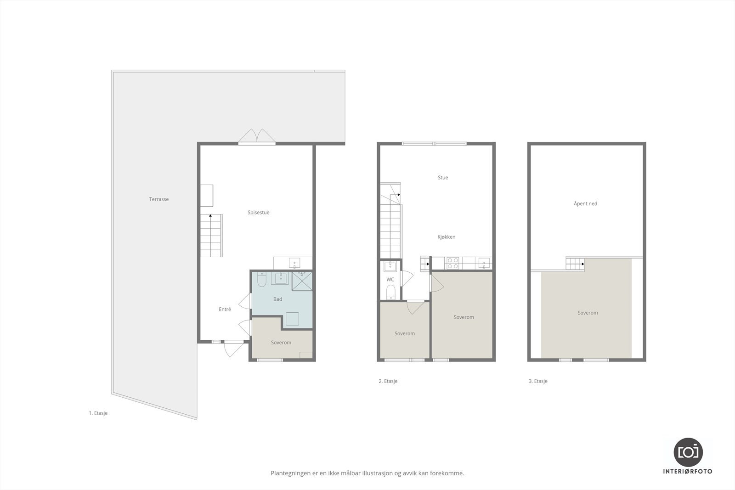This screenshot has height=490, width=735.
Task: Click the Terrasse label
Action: coord(159,199)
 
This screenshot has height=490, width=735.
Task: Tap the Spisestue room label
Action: coord(258,213)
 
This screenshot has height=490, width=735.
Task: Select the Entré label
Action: coord(225,310)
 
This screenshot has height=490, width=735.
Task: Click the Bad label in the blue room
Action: coord(277,299)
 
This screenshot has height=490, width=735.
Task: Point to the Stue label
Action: coord(443,178)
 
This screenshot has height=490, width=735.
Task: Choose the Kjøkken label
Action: coord(446,237)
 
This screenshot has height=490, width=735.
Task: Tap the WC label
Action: coord(390,280)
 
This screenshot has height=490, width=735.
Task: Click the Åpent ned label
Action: coord(585,204)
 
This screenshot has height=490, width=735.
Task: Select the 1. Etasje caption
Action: coord(98,413)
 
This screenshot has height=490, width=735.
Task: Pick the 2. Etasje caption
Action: coord(388,381)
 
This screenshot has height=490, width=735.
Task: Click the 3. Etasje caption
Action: coord(538,381)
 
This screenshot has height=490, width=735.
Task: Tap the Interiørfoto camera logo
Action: coord(688,451)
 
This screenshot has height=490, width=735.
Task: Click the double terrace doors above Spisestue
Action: coord(257,137)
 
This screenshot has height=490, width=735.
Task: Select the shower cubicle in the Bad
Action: coord(302,281)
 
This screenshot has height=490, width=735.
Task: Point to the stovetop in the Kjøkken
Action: coord(453,263)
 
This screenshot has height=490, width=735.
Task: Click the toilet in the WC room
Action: coord(390,292)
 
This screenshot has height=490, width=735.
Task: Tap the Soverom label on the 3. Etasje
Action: coord(588,313)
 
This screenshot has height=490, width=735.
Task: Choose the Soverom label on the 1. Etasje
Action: coord(281,343)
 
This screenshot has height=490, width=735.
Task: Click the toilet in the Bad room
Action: coord(262,280)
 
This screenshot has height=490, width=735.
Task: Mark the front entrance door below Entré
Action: coord(233,349)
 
